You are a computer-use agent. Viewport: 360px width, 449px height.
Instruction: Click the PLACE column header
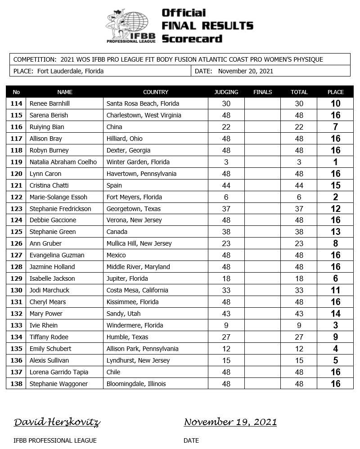click(335, 92)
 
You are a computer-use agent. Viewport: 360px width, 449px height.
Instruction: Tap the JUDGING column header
click(226, 92)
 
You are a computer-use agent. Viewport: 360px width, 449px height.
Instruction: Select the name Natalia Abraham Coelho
click(63, 162)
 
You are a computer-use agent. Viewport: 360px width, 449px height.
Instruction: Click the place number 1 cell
click(335, 162)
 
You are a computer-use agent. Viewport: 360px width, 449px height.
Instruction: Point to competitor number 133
click(16, 325)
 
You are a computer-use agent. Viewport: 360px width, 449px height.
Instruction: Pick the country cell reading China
click(114, 127)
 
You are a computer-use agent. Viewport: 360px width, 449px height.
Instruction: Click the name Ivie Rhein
click(44, 325)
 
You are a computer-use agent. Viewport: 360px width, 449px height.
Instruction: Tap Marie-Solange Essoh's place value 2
click(335, 197)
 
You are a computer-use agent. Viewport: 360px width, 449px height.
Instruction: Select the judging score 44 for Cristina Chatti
click(226, 185)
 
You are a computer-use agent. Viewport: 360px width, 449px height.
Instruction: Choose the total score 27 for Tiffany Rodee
click(299, 337)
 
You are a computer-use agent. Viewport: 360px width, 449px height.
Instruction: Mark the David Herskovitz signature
click(57, 422)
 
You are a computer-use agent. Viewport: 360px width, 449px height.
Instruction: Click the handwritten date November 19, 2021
click(230, 422)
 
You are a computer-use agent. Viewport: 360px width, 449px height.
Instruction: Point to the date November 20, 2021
click(246, 71)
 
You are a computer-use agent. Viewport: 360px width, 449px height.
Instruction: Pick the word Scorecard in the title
click(192, 39)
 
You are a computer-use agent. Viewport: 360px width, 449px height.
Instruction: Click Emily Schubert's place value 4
click(335, 349)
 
